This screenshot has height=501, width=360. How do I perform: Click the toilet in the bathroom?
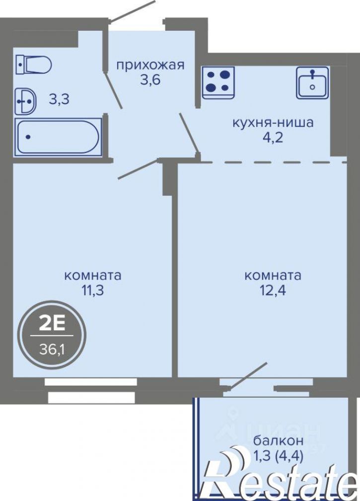[34, 65]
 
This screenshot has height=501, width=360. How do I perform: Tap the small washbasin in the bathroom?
[26, 101]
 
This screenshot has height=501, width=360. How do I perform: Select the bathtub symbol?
[58, 137]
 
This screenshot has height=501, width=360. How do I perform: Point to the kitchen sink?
[312, 83]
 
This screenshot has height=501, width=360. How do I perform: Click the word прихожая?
[150, 66]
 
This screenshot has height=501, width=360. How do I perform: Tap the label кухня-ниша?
[273, 122]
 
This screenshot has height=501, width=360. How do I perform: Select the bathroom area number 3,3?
[59, 100]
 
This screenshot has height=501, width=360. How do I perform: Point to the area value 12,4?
[273, 290]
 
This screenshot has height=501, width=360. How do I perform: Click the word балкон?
[278, 440]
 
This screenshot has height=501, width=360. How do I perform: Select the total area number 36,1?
[52, 350]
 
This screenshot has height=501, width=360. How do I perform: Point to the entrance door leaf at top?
[132, 11]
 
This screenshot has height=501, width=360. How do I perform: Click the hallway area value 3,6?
[150, 80]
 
